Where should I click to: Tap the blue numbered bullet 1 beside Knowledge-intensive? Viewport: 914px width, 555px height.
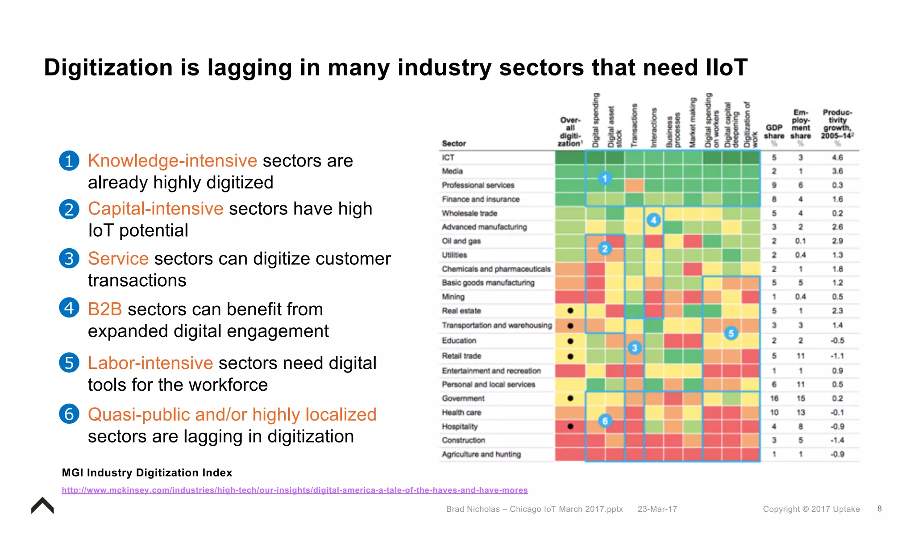coord(69,161)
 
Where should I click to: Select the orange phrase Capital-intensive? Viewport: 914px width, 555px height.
coord(155,209)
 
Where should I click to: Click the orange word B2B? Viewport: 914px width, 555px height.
coord(105,309)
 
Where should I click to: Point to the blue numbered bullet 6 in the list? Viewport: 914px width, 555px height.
coord(69,414)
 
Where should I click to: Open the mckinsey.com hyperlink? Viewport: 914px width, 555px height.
coord(295,490)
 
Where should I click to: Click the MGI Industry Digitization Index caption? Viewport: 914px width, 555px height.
coord(147,472)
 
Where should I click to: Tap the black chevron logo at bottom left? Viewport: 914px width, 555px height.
coord(42,505)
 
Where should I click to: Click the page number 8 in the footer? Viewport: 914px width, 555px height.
coord(879,509)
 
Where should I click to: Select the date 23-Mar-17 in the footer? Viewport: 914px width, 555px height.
coord(657,509)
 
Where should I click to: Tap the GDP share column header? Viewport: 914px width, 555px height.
coord(774,132)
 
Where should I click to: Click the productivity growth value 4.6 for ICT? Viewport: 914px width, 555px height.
coord(837,158)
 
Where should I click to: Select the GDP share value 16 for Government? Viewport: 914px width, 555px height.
coord(774,398)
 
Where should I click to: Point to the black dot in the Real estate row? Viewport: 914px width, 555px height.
coord(570,311)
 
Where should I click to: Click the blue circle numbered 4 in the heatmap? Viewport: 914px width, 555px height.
coord(653,220)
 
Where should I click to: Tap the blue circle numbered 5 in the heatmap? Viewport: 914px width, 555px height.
coord(731,333)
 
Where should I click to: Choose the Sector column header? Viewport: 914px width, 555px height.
coord(453,143)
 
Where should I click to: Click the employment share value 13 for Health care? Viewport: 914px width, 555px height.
coord(801,413)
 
